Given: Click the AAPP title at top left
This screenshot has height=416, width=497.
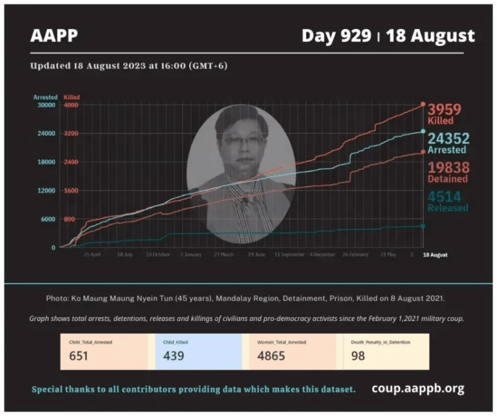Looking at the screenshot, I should (x=54, y=36).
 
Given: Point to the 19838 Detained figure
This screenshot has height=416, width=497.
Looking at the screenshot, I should (x=447, y=168).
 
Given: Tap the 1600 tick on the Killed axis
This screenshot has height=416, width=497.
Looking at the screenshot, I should (x=71, y=190).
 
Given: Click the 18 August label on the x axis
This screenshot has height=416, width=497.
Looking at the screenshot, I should (x=435, y=255).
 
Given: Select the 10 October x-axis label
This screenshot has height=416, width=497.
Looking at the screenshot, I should (x=159, y=255).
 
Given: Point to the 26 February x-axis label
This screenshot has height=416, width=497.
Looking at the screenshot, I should (x=355, y=255).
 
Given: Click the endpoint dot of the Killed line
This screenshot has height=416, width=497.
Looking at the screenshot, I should (x=423, y=104).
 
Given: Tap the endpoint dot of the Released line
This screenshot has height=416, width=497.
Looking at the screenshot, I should (x=423, y=226).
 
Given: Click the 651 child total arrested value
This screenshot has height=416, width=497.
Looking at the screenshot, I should (x=79, y=355).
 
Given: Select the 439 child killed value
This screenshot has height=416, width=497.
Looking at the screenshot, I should (x=173, y=355).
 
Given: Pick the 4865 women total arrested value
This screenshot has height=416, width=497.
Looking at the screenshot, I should (x=272, y=355).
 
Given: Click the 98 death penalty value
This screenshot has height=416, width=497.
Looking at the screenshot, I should (x=358, y=355).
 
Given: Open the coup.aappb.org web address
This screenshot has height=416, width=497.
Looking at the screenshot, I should (x=417, y=389).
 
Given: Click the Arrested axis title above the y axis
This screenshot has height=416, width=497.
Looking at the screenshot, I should (x=45, y=97).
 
